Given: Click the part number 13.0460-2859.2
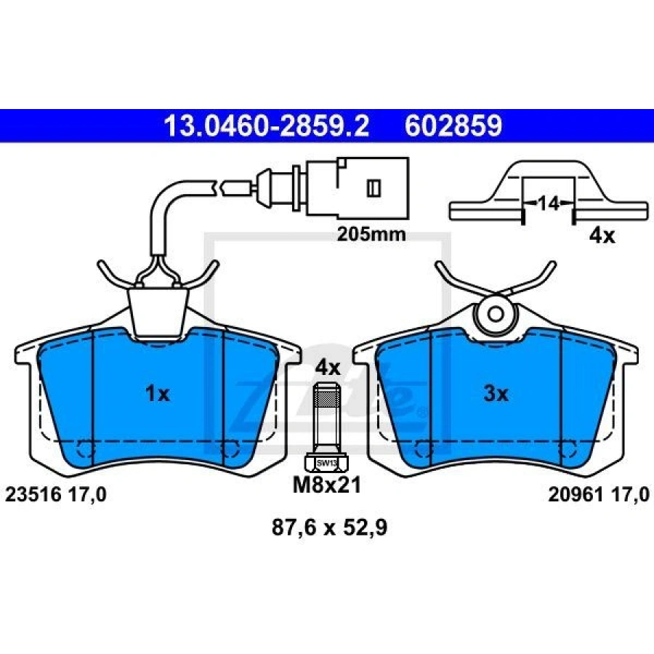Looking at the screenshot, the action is click(x=267, y=126).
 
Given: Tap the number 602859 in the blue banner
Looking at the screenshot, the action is click(x=453, y=126).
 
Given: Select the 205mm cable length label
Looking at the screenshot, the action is click(x=371, y=235).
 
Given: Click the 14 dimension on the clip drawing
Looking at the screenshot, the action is click(x=548, y=203).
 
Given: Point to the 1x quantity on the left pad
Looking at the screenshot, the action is click(x=157, y=393).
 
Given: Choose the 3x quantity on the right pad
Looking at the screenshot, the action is click(x=496, y=393).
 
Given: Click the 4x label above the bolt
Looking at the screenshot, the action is click(x=328, y=368).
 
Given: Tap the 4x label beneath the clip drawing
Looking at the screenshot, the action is click(x=602, y=236).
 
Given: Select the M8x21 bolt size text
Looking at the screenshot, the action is click(x=326, y=485).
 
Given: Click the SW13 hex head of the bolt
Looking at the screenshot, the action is click(x=326, y=463).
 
